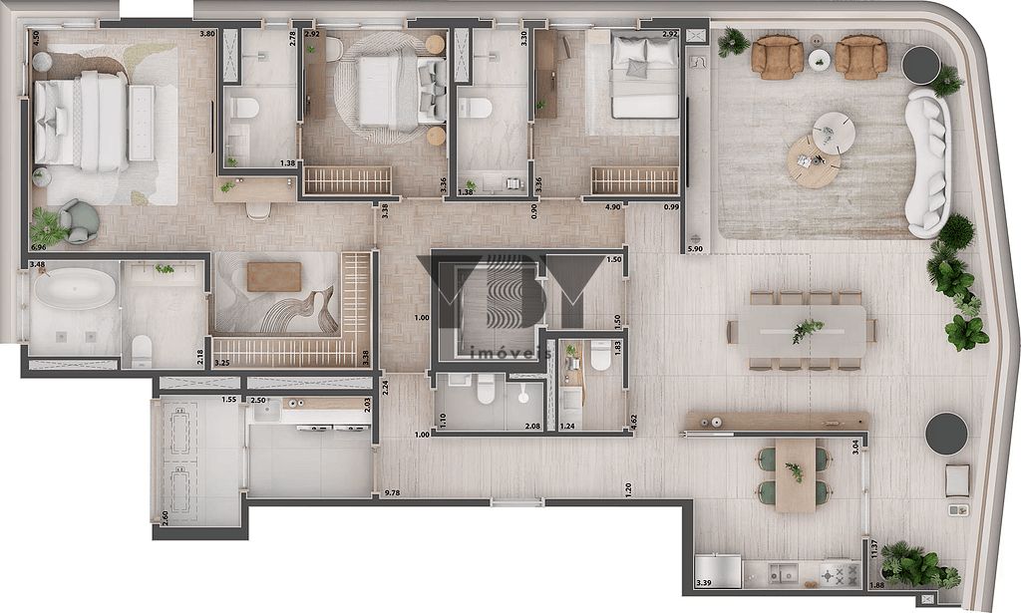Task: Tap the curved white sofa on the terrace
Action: (928, 163)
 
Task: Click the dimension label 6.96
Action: (39, 246)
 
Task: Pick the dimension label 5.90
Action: (695, 248)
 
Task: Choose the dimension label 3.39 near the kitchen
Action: (704, 583)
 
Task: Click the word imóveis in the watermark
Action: (510, 352)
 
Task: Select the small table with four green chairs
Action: (795, 474)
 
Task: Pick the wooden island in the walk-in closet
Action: (273, 276)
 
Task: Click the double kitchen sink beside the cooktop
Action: (783, 575)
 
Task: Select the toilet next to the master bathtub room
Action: (143, 348)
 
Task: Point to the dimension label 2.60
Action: (164, 516)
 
